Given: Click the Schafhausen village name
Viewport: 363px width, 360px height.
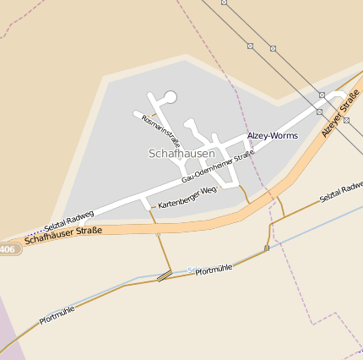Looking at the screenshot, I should pos(181,154).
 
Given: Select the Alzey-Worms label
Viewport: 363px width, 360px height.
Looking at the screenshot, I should pos(272,135).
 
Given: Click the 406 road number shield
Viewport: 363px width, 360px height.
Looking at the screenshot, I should pos(8,249).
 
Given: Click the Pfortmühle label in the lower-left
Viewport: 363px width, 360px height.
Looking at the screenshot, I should pos(57,315).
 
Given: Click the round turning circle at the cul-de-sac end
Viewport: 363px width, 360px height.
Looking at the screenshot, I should pos(171,97).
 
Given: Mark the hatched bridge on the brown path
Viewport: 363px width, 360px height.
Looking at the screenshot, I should pos(165,275).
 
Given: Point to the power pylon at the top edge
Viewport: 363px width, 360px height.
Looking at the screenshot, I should pos(224,3).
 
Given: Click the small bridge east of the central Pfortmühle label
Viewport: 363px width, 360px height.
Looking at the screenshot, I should pos(267,248).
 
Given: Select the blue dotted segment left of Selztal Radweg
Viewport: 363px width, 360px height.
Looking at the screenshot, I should pos(34,229).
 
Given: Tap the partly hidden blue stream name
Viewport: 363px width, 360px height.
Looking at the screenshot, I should pos(193,270).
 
